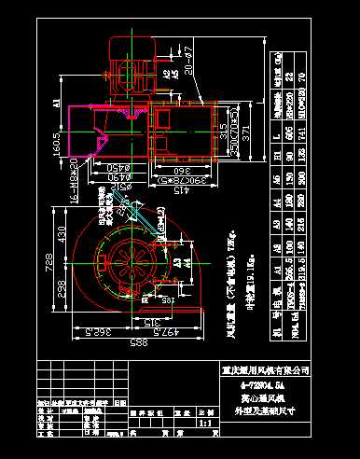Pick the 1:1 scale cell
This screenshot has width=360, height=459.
205,422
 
